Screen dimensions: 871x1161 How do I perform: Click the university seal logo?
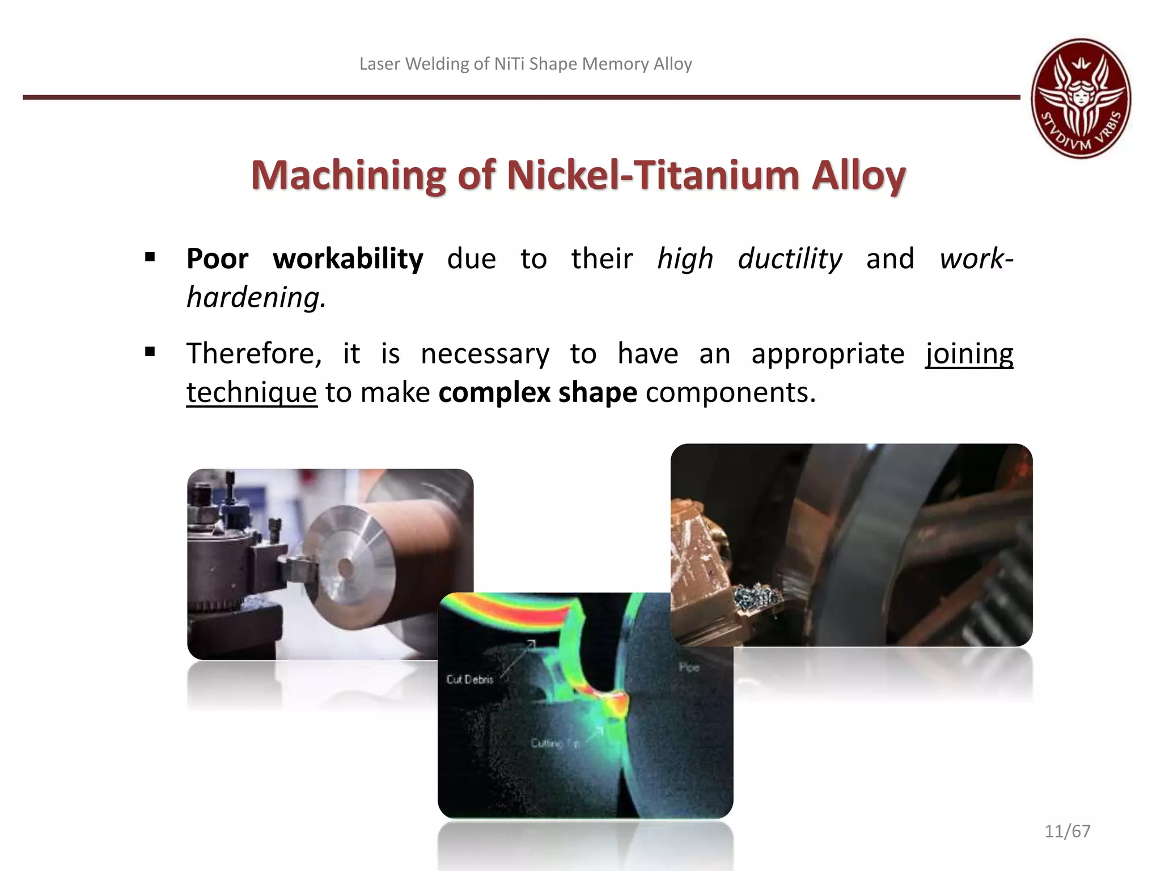1081,98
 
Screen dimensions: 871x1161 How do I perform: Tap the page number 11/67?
1067,831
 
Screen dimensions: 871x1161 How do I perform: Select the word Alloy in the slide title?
858,175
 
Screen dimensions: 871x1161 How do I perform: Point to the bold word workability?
348,259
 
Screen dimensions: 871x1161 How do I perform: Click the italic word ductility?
790,259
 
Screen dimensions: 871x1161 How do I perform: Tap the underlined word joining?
969,354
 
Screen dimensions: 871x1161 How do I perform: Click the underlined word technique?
251,392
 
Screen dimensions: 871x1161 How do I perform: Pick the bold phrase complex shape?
537,392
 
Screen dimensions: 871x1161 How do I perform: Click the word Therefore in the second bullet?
253,354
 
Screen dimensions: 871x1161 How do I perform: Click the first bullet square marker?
150,257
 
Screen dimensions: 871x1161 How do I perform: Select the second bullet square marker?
150,352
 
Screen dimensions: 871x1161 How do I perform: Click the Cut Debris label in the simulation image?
469,679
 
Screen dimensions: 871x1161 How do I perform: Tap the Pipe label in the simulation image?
689,667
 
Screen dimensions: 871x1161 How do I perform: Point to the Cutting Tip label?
555,743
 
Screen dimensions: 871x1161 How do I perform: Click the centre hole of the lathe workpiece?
345,568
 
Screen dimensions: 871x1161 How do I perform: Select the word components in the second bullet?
730,392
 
